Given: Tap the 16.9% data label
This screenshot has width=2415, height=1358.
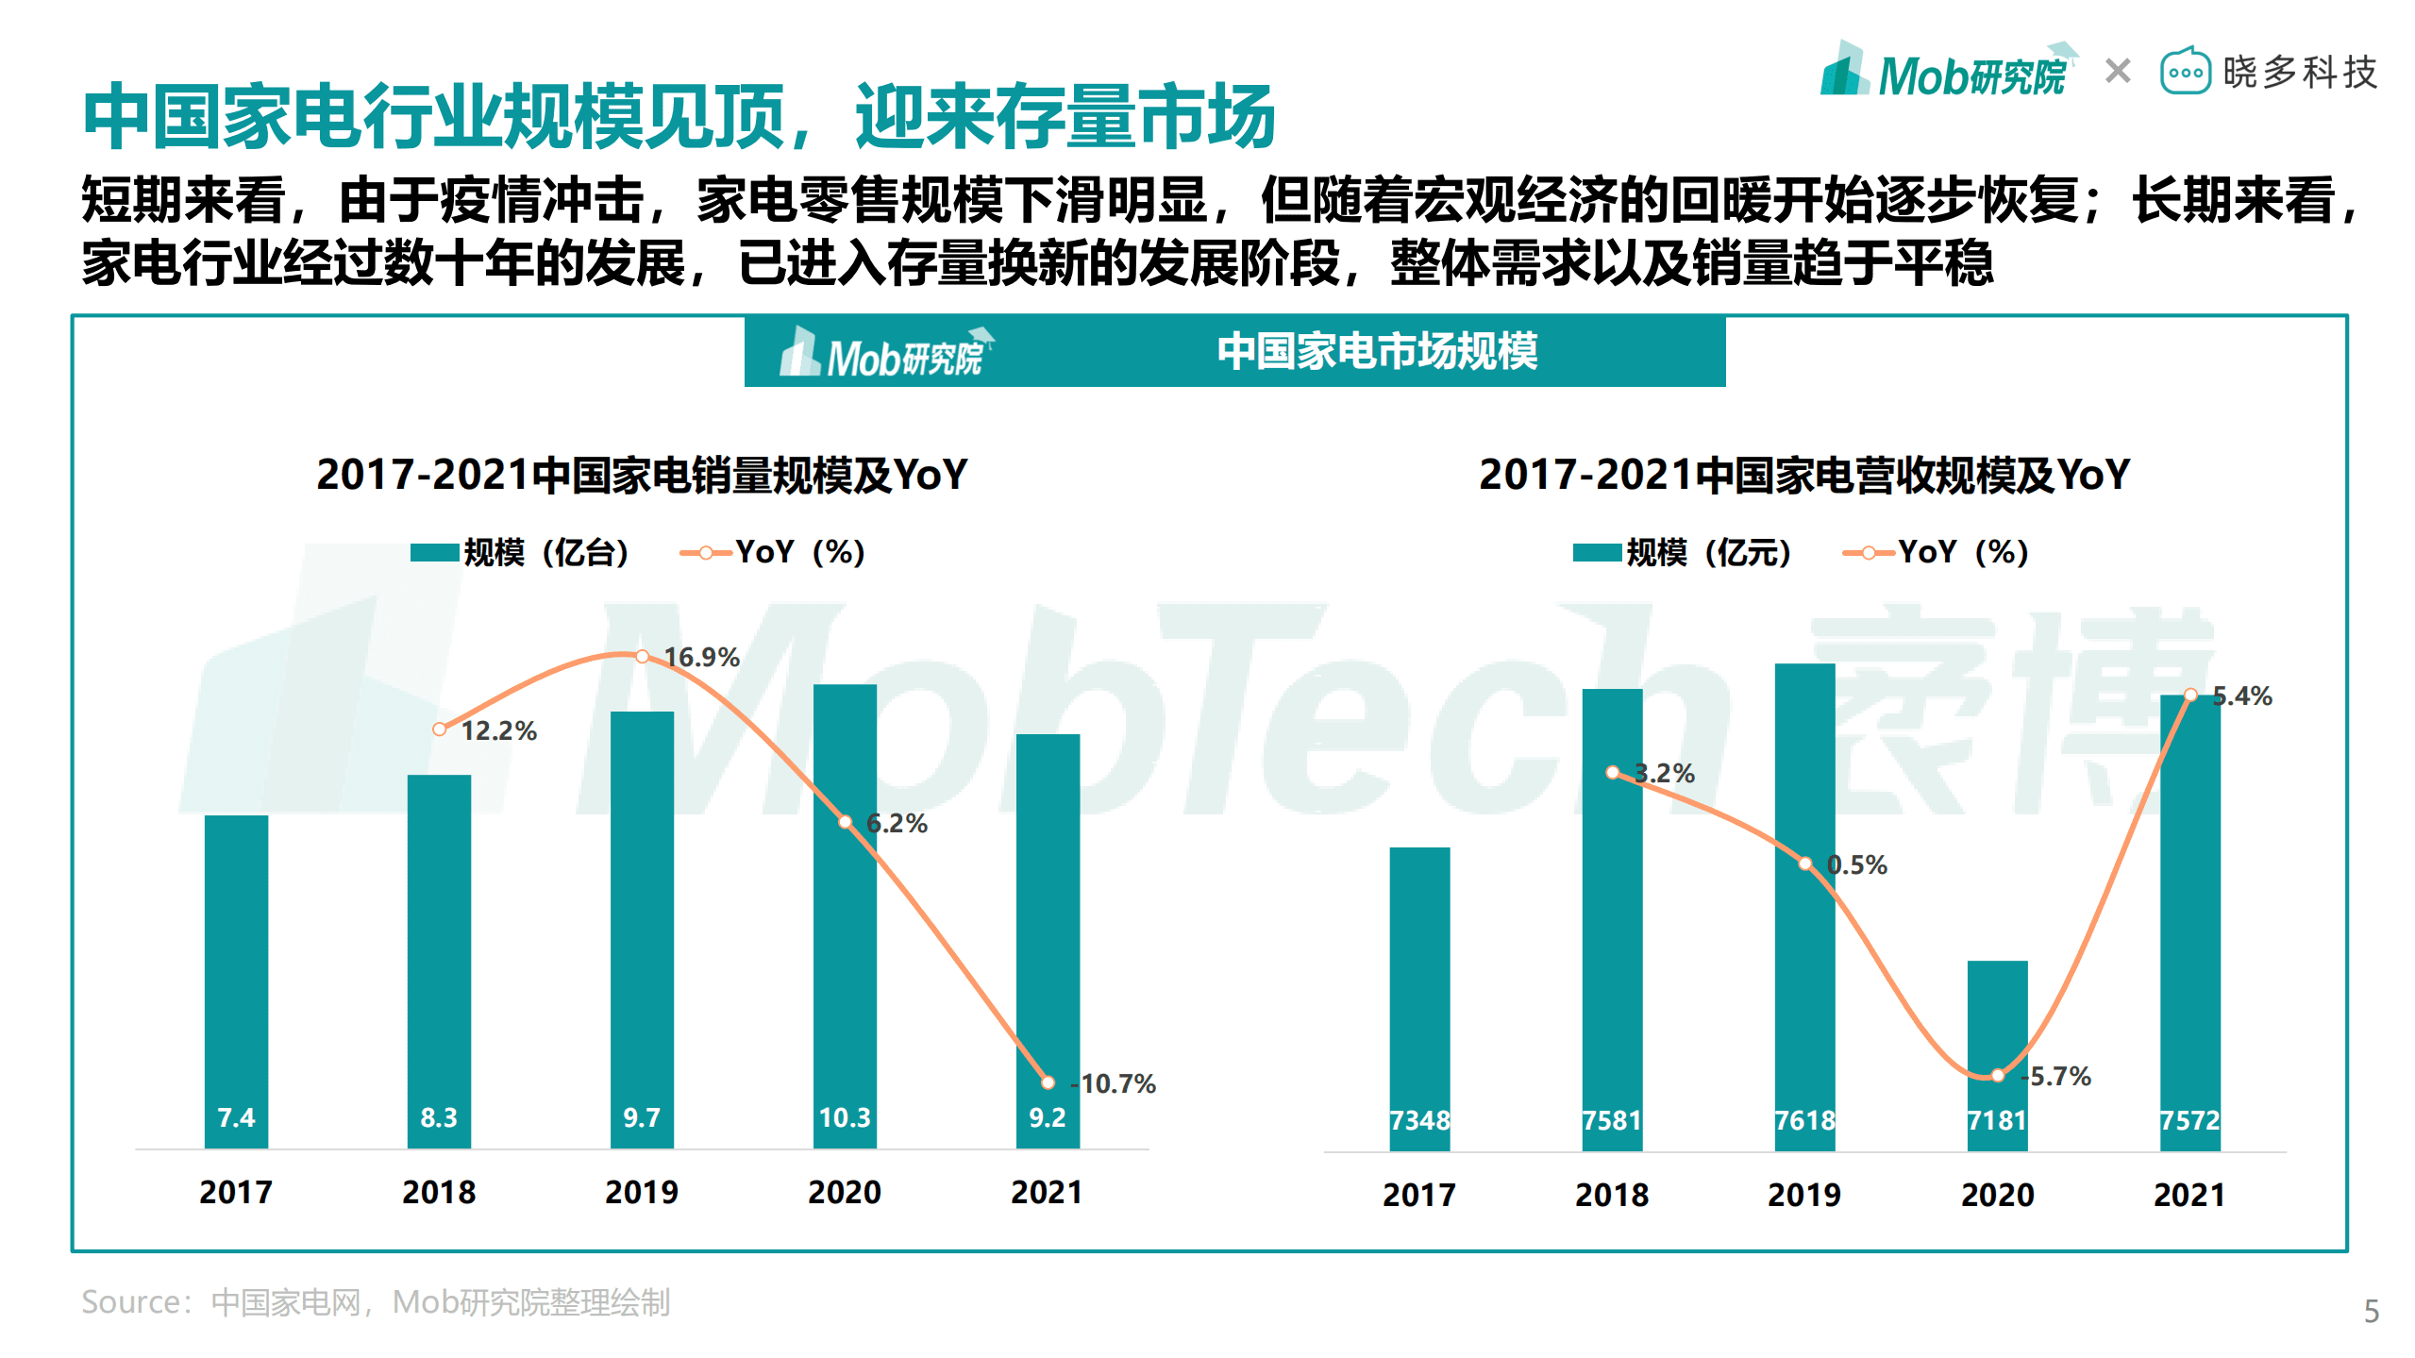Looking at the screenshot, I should pos(701,657).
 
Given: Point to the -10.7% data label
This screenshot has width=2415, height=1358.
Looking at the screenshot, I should pos(1115,1083).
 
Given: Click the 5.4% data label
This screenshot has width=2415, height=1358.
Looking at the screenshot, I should pos(2241,696).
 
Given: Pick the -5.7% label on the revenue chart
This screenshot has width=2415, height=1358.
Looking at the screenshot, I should pos(2058,1076).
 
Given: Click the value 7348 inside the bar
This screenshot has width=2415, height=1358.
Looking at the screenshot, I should pos(1419,1120).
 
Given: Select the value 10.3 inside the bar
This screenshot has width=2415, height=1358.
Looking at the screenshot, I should pos(845,1117).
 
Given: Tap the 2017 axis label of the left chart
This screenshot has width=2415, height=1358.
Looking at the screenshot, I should pos(236,1192).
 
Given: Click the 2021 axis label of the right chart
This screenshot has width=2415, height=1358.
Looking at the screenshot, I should pos(2189,1195).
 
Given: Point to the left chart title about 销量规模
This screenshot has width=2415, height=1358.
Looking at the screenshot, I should pos(642,475).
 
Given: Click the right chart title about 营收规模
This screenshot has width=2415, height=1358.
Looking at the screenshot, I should pos(1803,475).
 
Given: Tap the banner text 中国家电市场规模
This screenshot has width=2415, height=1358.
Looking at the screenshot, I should pos(1376,351).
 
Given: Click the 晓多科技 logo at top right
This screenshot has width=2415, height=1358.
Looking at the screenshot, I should pos(2269,72).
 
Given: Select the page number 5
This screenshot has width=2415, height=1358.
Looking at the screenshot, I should pos(2371,1311).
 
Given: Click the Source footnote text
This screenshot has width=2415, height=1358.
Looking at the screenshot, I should pos(376,1302).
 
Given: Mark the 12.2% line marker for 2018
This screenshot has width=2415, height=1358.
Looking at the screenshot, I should pos(439,729).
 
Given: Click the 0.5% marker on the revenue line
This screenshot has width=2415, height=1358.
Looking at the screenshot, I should pos(1804,863).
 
